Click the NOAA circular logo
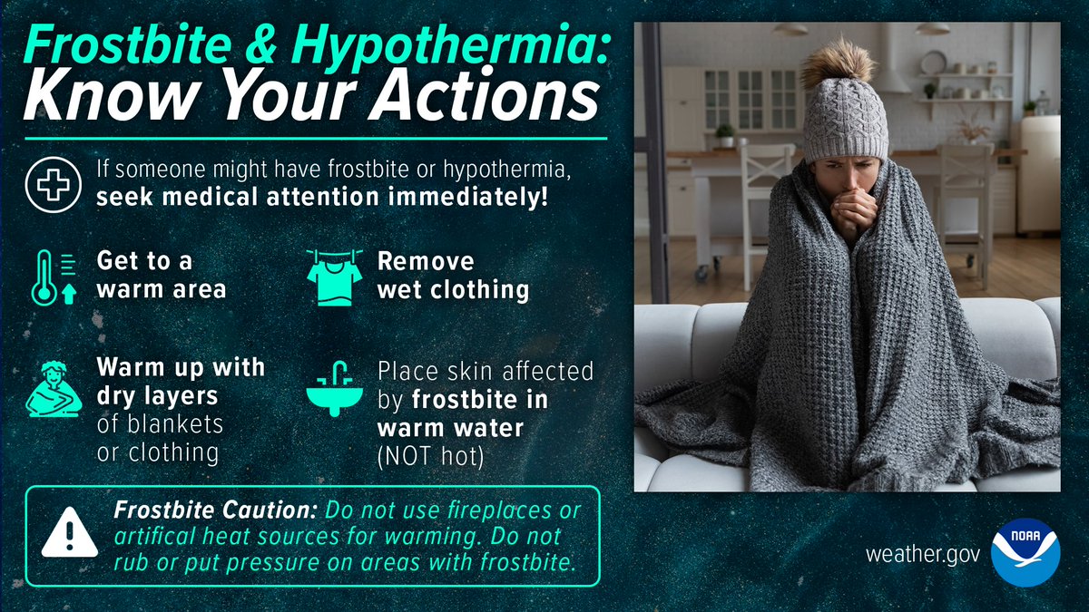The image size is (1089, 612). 1025,551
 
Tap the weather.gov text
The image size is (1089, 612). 922,553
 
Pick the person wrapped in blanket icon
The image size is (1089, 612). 54,387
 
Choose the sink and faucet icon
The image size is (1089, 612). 334,389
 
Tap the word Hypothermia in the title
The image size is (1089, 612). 453,42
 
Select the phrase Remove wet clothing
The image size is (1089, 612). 452,276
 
